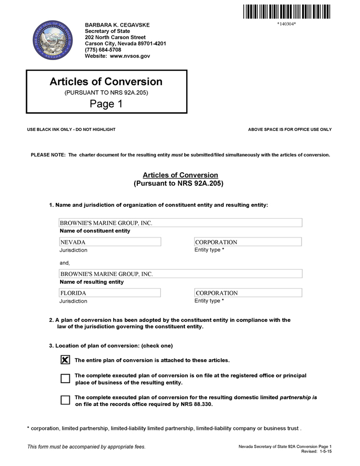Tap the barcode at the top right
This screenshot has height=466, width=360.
[x=286, y=11]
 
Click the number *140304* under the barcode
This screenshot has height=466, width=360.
[x=286, y=24]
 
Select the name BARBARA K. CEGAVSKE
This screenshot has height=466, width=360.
[x=117, y=25]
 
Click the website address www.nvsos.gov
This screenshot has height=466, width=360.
[x=130, y=56]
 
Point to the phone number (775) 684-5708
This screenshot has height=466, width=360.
[x=103, y=50]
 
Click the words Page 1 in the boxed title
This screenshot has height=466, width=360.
[x=106, y=104]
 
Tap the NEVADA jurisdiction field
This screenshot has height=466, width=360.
[x=110, y=242]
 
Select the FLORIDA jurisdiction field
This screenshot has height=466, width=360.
[x=110, y=293]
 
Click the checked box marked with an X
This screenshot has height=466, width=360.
[x=65, y=360]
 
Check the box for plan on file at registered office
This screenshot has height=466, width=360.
[x=65, y=379]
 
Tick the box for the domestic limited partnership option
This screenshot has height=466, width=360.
[x=65, y=400]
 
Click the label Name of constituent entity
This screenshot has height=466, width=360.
[x=95, y=231]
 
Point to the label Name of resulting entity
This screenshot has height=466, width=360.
[x=92, y=282]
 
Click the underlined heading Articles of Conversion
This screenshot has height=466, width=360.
[x=180, y=175]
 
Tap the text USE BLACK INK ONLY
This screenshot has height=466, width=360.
[x=50, y=129]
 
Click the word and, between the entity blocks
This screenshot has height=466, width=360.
[x=65, y=263]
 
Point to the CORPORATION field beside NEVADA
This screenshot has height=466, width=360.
[x=248, y=242]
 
